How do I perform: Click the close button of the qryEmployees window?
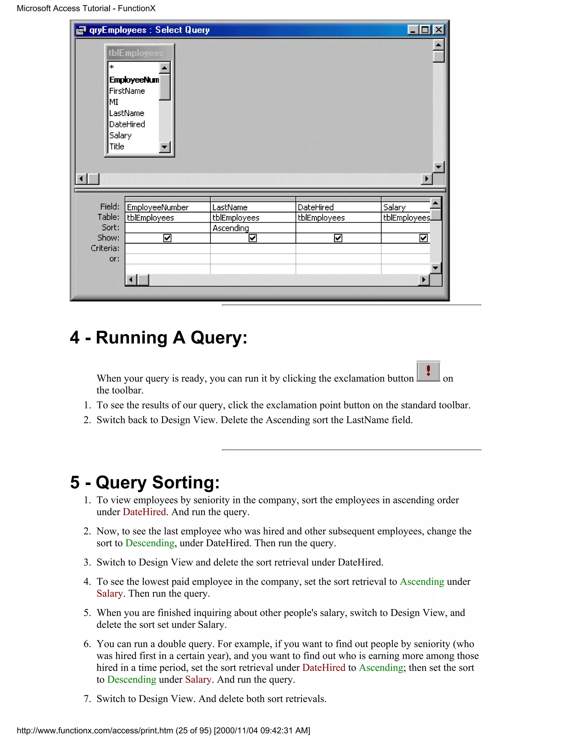(438, 30)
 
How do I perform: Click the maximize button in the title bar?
(426, 30)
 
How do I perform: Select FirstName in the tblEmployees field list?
(127, 91)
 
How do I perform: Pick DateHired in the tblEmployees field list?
(127, 124)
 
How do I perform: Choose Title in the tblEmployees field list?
(117, 147)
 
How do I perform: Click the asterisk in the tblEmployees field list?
(112, 67)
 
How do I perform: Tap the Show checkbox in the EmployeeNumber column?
(167, 238)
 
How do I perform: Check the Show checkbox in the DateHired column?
(338, 238)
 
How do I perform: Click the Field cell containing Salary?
(405, 207)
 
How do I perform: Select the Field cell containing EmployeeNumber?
(167, 207)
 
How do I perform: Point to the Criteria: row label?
(105, 248)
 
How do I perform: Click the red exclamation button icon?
(428, 371)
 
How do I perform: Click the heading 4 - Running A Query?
(158, 337)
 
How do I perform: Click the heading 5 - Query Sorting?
(145, 482)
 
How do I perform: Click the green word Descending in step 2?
(150, 543)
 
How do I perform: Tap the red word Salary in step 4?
(110, 593)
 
